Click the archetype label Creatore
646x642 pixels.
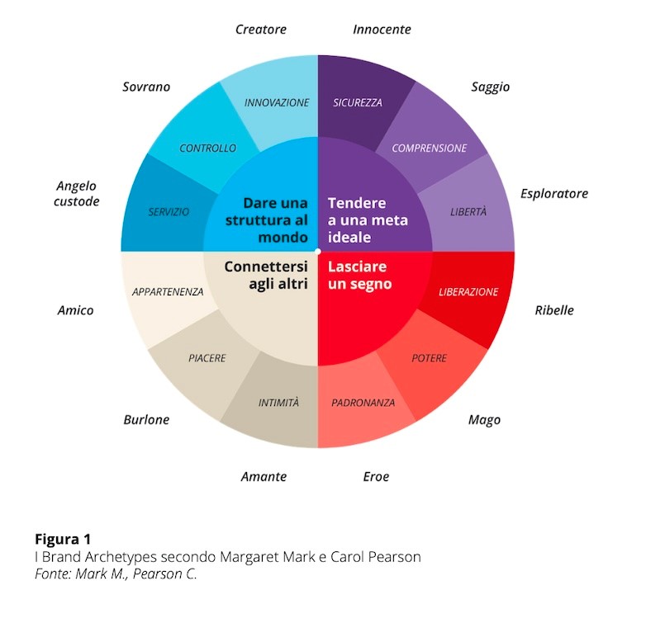(x=261, y=29)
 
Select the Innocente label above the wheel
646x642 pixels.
(x=382, y=29)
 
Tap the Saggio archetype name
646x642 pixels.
(x=490, y=87)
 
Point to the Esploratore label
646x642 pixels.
(x=554, y=194)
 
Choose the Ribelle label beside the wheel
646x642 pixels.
(x=554, y=310)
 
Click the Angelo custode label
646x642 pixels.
(x=77, y=193)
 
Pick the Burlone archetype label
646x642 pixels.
(x=146, y=419)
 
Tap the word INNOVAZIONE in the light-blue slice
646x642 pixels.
(x=277, y=102)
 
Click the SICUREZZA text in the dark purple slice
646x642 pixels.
(x=358, y=102)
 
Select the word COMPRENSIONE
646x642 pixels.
(x=430, y=149)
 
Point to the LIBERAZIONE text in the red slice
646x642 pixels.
(x=468, y=292)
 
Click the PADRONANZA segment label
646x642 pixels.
(x=363, y=403)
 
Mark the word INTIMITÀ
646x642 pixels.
(x=278, y=402)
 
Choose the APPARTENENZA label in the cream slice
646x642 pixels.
(x=168, y=292)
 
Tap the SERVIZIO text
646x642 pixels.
(x=169, y=212)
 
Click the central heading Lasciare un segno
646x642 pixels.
(x=359, y=276)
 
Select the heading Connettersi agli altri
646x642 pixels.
(x=266, y=276)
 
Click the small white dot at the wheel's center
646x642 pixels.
(x=318, y=251)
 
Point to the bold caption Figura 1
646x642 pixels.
(x=63, y=539)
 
